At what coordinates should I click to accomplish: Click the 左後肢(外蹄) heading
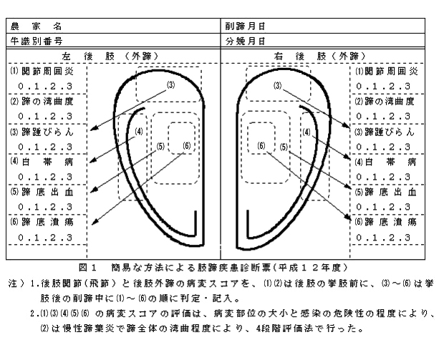pos(112,56)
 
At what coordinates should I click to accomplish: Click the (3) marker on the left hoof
pos(170,85)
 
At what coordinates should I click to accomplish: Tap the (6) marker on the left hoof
pos(188,146)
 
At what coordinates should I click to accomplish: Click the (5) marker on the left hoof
pos(160,146)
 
